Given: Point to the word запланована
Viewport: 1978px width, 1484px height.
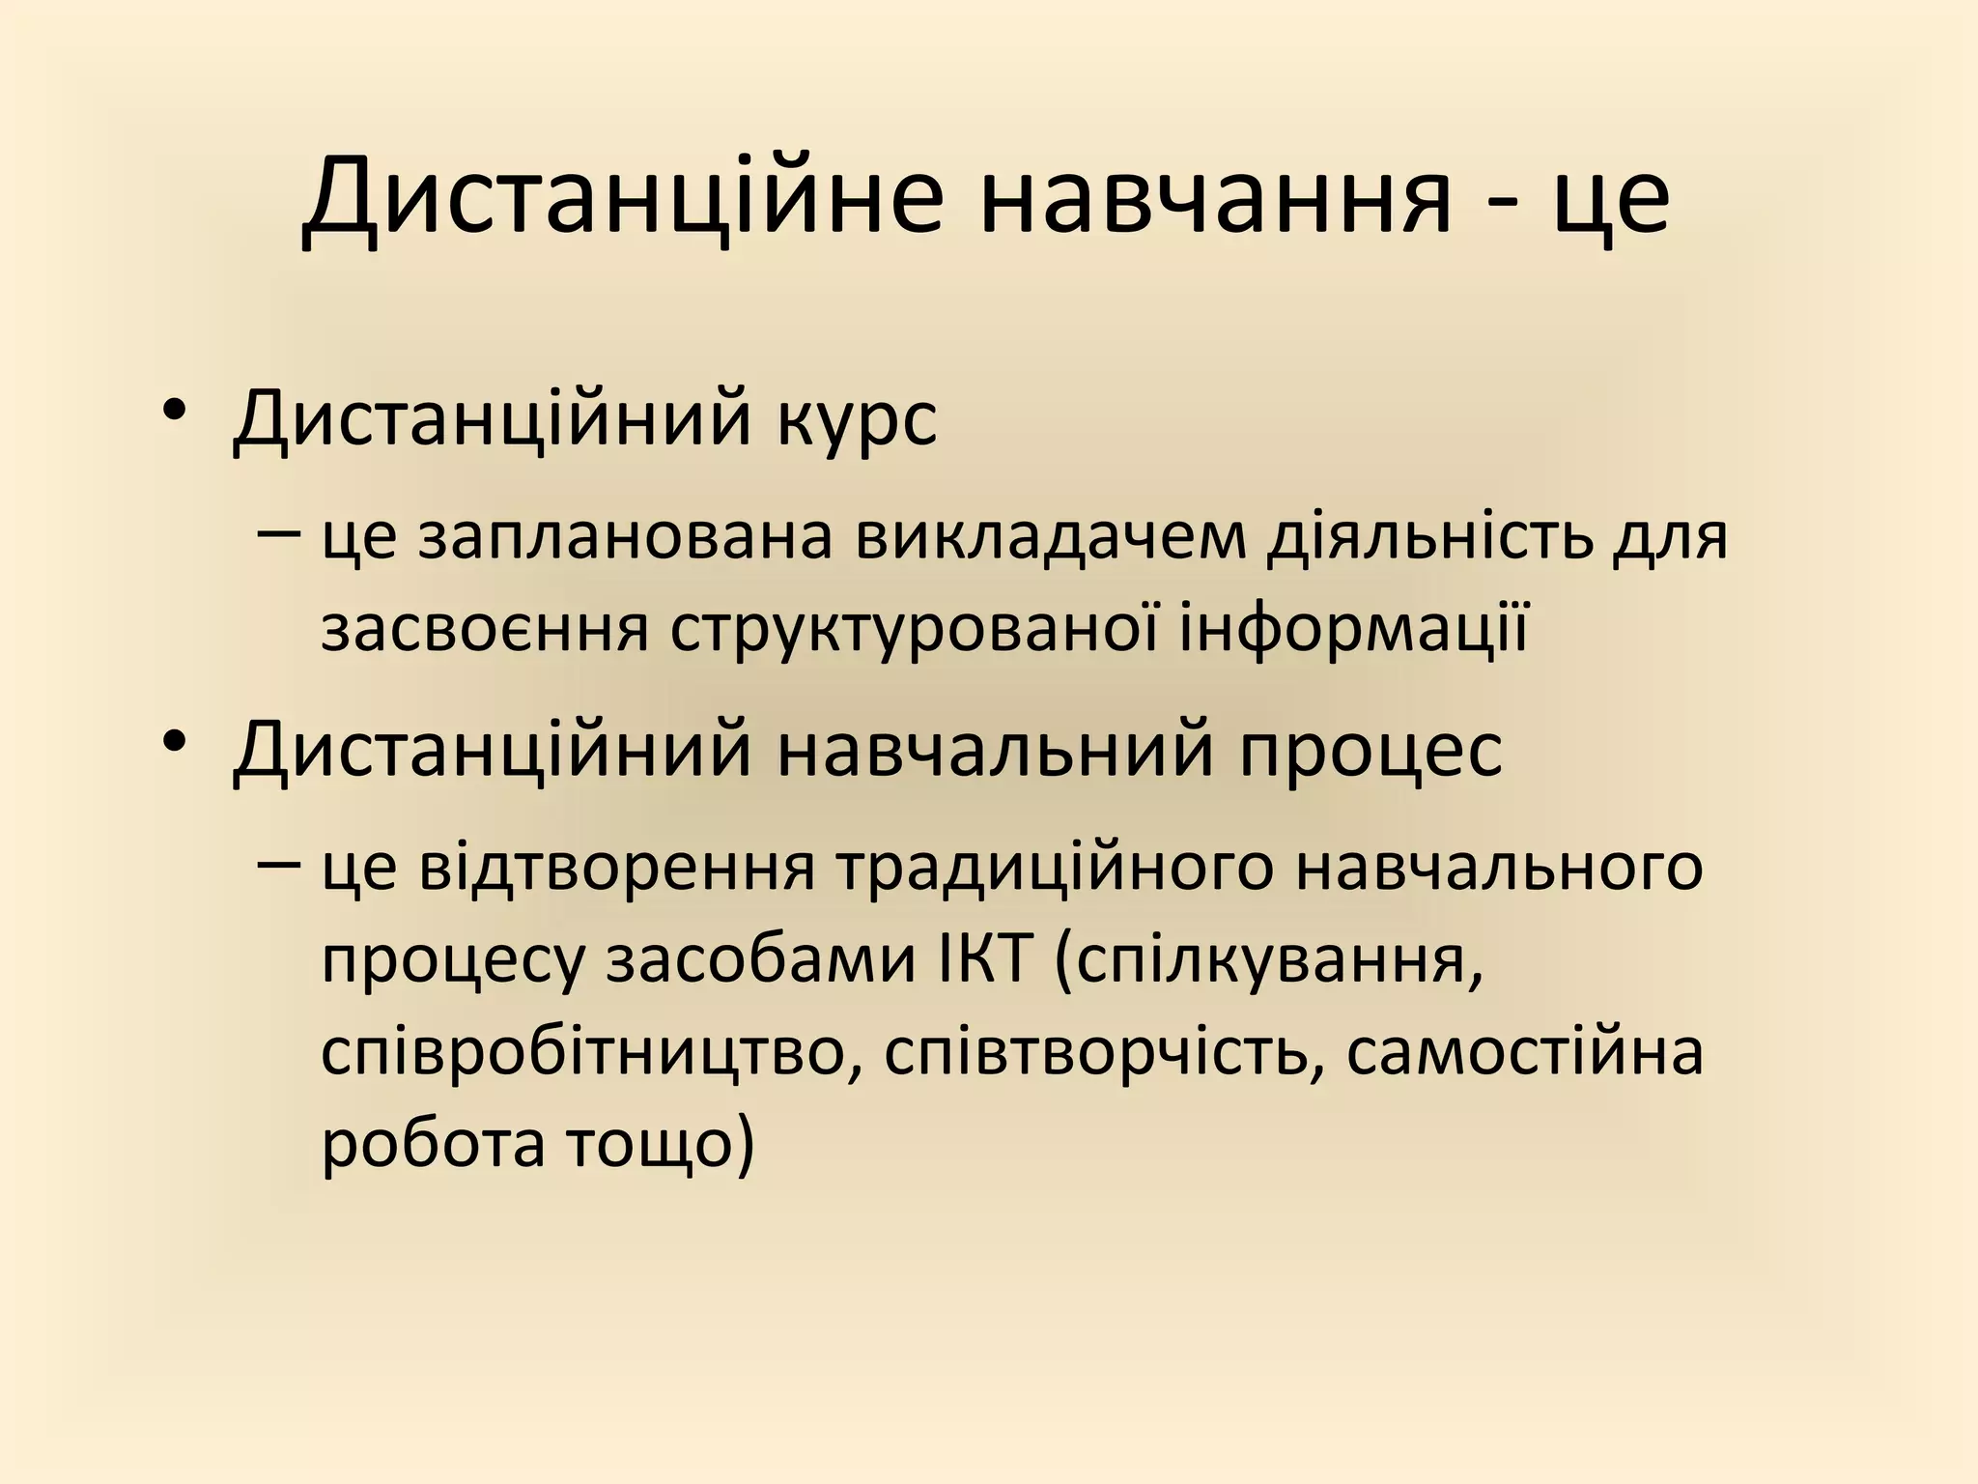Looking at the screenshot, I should click(625, 538).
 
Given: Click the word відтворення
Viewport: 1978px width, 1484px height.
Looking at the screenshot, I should click(617, 868).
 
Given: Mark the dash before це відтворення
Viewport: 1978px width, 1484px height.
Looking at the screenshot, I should click(279, 863).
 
